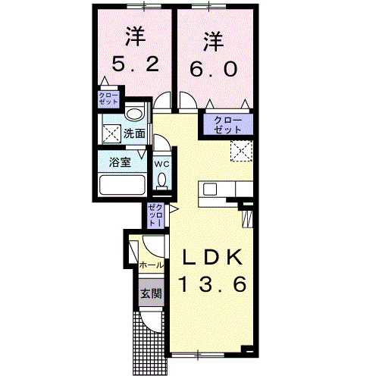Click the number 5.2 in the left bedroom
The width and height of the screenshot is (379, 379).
pos(135,64)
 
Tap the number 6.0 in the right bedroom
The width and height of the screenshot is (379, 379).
pos(214,69)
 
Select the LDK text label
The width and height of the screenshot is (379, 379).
pos(212,257)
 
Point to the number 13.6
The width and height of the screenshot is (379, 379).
pos(212,284)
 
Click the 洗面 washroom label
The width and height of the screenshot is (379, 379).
pos(134,133)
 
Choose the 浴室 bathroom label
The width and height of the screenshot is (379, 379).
pos(120,162)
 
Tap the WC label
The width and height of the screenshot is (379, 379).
pos(161,164)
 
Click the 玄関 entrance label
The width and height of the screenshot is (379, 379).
pos(151,293)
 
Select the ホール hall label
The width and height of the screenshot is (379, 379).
pos(151,265)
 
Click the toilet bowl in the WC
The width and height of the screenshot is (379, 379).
pos(161,180)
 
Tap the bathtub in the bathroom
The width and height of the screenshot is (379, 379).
pos(122,185)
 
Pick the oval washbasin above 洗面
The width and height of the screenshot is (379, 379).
pos(134,114)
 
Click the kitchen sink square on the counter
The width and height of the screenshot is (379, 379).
pos(210,189)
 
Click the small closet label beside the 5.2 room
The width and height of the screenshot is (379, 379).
pos(108,99)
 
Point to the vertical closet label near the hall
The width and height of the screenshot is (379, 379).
pos(155,215)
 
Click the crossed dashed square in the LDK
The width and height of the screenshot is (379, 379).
pos(241,151)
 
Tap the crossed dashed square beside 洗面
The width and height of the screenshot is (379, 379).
pos(111,133)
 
